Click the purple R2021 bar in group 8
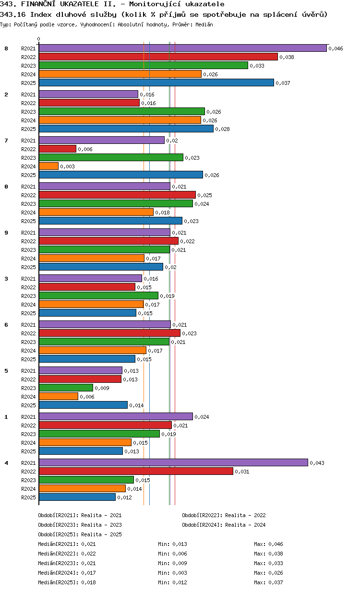(x=182, y=48)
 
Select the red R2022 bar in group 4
(x=136, y=471)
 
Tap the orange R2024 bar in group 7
(x=48, y=166)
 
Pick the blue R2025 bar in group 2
(x=126, y=129)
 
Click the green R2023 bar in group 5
(x=66, y=388)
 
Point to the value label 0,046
(x=336, y=48)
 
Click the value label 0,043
(x=317, y=463)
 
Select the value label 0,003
(x=67, y=166)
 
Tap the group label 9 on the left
(x=6, y=233)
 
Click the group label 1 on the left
(x=6, y=417)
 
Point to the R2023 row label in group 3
(x=28, y=296)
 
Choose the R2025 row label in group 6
(x=28, y=359)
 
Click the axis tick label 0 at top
(x=39, y=39)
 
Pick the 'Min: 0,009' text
(x=172, y=563)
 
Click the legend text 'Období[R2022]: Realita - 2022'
(x=224, y=515)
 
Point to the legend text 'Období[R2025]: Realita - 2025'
(x=80, y=534)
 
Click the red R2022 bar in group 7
(x=58, y=149)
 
